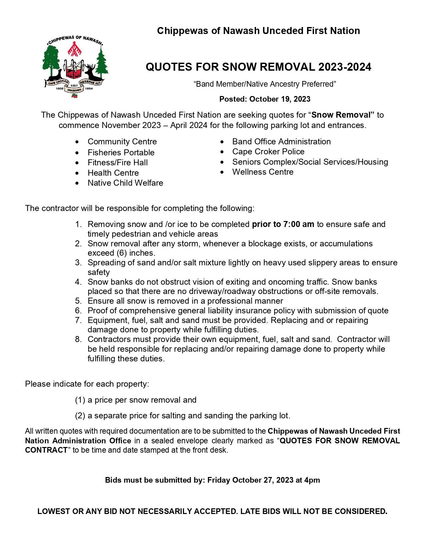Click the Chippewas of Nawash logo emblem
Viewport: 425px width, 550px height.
pyautogui.click(x=75, y=67)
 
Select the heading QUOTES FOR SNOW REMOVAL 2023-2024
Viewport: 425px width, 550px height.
pyautogui.click(x=258, y=67)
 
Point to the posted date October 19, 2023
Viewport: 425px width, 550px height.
pyautogui.click(x=280, y=99)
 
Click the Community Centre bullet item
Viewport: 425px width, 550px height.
pyautogui.click(x=122, y=142)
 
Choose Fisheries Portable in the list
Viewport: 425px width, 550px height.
pyautogui.click(x=121, y=153)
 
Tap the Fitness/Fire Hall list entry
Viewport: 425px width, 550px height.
pyautogui.click(x=118, y=163)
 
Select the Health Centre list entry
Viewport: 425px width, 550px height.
pyautogui.click(x=113, y=173)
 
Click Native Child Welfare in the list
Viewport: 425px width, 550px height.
pyautogui.click(x=125, y=183)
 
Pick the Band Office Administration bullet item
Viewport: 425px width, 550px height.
pyautogui.click(x=281, y=142)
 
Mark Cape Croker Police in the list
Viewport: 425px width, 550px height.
pyautogui.click(x=268, y=152)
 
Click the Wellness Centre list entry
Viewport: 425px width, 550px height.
pyautogui.click(x=263, y=172)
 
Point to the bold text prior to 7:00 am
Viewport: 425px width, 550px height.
pyautogui.click(x=283, y=224)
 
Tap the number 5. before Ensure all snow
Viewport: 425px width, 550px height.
pyautogui.click(x=78, y=301)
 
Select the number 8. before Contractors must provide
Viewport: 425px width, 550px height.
pyautogui.click(x=78, y=339)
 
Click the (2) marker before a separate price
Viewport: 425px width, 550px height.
pyautogui.click(x=80, y=416)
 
